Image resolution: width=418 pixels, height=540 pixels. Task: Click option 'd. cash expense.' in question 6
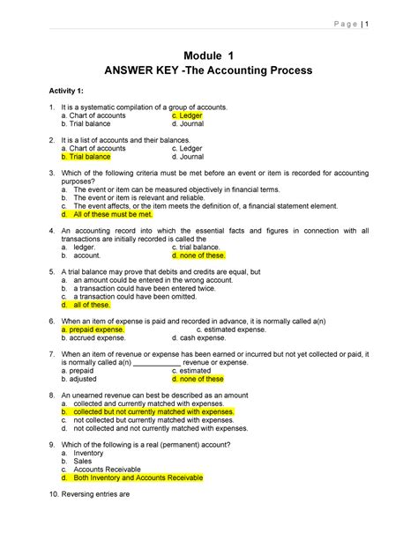click(x=198, y=337)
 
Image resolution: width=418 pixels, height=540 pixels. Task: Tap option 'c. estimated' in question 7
click(x=195, y=371)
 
